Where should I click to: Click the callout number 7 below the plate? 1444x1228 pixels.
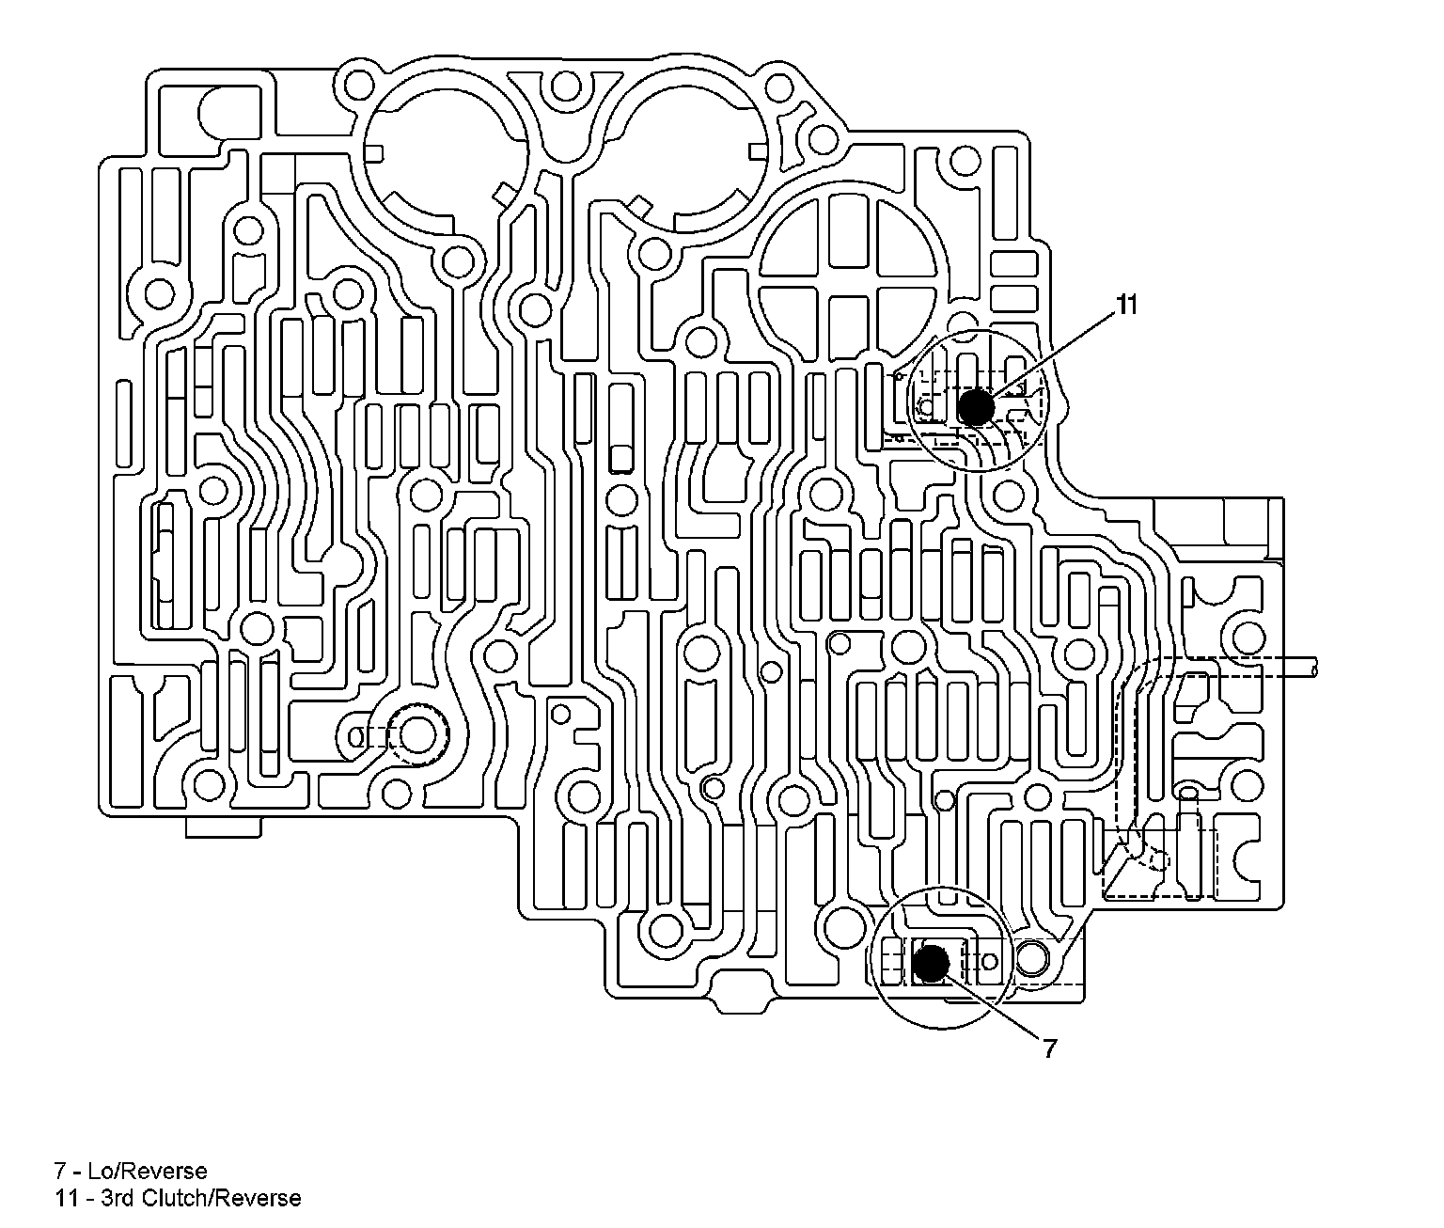pyautogui.click(x=1049, y=1047)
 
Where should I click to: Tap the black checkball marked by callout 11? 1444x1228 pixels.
pyautogui.click(x=975, y=407)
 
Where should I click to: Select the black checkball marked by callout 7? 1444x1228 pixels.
pyautogui.click(x=931, y=962)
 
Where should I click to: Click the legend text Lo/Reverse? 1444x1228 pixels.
pyautogui.click(x=147, y=1171)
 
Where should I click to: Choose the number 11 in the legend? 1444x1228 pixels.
pyautogui.click(x=65, y=1198)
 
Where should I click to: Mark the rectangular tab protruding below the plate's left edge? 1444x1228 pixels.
pyautogui.click(x=222, y=827)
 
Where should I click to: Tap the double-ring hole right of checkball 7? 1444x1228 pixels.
pyautogui.click(x=1031, y=960)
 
